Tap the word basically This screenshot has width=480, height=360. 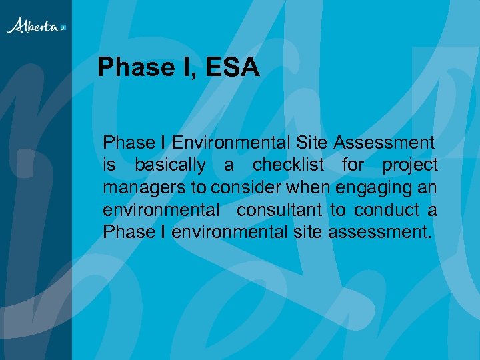[170, 165]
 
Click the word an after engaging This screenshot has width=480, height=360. [428, 188]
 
